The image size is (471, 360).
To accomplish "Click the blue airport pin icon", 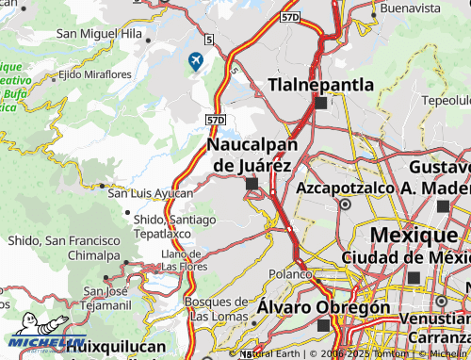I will coord(196,62).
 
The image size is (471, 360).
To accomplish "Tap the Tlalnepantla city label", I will coord(321,85).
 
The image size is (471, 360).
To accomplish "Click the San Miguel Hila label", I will coord(99,33).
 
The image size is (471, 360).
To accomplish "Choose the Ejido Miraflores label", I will coord(95,74).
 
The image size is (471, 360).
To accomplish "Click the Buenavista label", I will coord(409,8).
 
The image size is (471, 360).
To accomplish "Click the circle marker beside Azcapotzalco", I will coord(345,204).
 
